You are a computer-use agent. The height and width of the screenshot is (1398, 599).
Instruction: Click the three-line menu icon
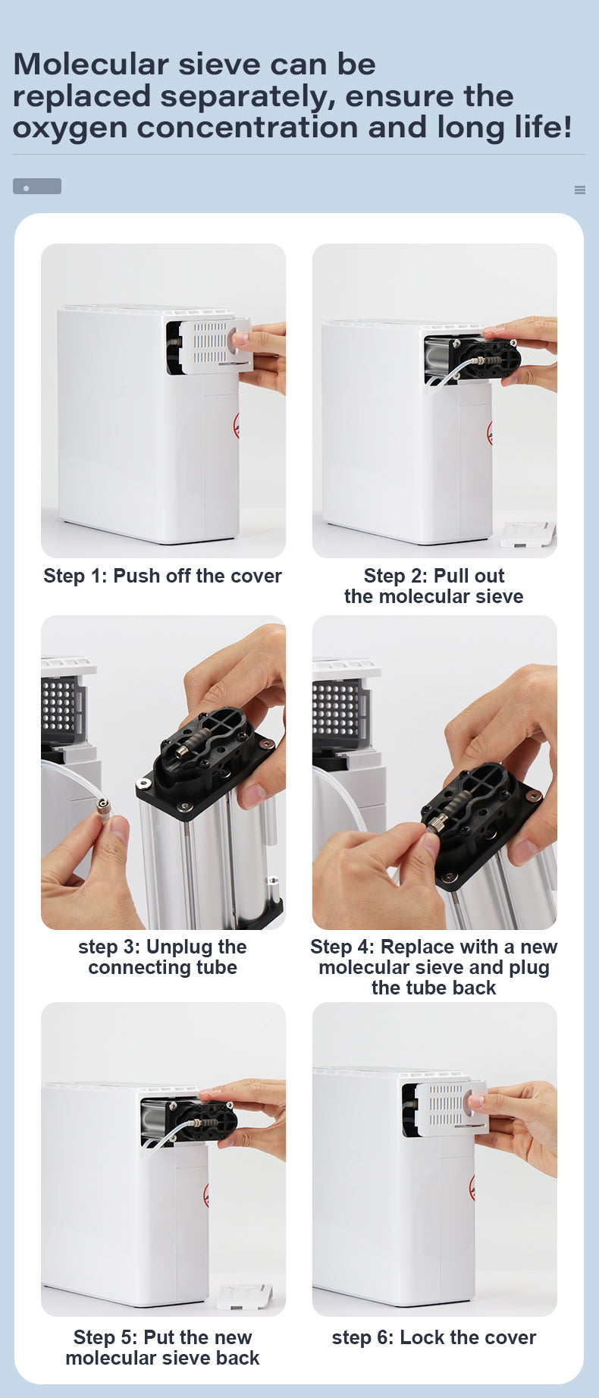pyautogui.click(x=580, y=190)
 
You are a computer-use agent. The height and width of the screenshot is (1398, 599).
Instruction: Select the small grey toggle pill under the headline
pyautogui.click(x=37, y=187)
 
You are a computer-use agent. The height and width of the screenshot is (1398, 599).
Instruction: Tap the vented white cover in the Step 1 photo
pyautogui.click(x=214, y=344)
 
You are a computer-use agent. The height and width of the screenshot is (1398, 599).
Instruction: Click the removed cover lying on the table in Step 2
pyautogui.click(x=528, y=532)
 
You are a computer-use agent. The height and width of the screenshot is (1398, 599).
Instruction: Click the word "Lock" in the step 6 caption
pyautogui.click(x=422, y=1337)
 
